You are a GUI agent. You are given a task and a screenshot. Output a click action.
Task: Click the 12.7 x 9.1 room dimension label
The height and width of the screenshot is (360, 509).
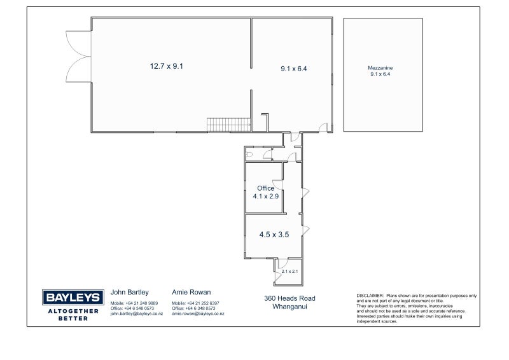167,66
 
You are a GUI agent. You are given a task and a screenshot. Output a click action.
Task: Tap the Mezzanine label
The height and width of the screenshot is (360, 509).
380,68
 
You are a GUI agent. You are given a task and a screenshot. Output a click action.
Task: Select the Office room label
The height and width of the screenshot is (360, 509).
265,188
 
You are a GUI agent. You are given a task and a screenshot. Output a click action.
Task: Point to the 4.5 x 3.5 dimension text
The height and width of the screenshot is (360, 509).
274,234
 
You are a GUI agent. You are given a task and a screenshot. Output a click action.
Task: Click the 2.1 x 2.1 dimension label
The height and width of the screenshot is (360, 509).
289,272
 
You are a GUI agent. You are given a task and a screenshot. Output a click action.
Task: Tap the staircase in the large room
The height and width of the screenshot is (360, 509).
229,125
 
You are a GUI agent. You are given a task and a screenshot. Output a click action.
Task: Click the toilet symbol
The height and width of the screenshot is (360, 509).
249,154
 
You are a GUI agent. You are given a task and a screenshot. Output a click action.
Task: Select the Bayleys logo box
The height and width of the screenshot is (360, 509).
73,297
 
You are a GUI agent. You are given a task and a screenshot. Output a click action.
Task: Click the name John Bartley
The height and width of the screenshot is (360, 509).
130,292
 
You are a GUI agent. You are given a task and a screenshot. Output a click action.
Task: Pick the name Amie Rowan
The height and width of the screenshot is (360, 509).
192,292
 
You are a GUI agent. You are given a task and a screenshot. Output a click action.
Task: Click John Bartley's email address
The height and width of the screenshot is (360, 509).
136,314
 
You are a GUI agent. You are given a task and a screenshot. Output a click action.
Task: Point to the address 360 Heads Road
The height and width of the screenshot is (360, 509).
289,298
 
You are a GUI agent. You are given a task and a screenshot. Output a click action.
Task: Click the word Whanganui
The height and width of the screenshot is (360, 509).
289,307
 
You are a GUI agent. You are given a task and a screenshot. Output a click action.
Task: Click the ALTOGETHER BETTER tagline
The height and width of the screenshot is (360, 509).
73,315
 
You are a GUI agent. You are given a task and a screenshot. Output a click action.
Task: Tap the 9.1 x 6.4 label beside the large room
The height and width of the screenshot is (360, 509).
294,69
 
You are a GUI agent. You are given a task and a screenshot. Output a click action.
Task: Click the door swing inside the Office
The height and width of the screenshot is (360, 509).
277,184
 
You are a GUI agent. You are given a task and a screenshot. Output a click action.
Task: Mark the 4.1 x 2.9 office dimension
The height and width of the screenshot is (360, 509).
265,196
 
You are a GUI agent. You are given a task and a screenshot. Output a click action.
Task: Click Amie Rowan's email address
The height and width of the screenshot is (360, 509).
198,314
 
